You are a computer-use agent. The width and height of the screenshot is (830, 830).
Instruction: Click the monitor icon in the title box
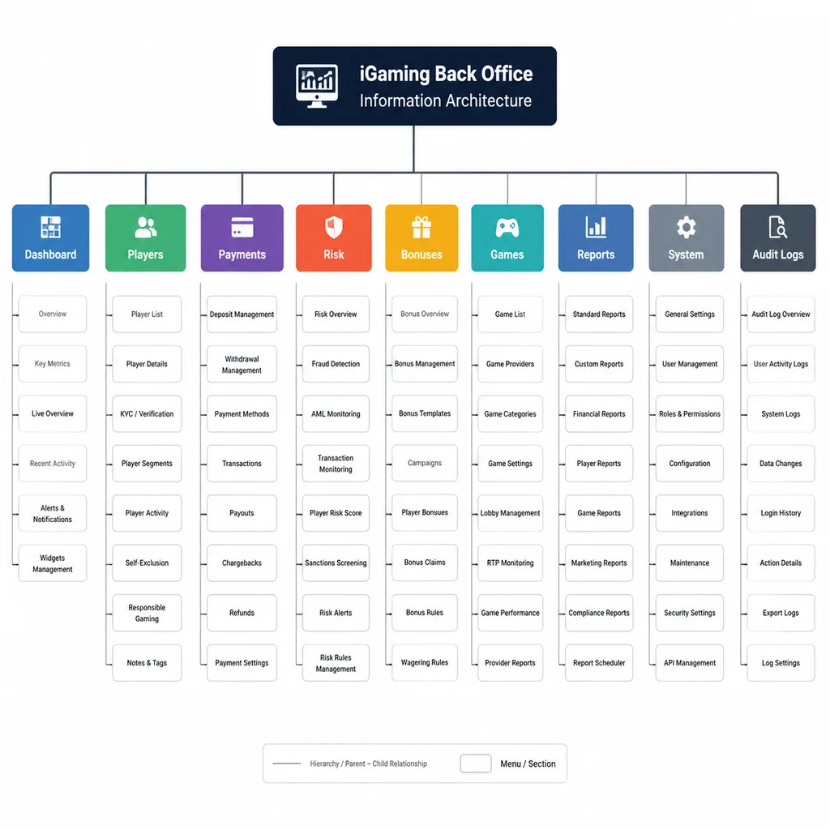tap(317, 86)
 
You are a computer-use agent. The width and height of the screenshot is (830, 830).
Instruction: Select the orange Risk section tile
tap(333, 238)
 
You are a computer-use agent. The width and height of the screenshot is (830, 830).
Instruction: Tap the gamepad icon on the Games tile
tap(507, 228)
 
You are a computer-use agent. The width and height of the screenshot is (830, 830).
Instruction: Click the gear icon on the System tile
tap(686, 227)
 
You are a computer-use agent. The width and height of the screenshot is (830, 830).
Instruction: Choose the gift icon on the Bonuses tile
tap(421, 228)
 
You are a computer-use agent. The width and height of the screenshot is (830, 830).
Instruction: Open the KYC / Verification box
tap(147, 414)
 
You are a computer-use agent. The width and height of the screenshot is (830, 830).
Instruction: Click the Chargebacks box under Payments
tap(242, 563)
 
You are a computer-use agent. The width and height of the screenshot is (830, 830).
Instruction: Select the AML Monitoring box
tap(336, 414)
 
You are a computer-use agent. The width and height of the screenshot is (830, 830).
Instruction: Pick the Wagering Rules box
tap(425, 663)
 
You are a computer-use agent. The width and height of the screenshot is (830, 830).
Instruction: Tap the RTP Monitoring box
tap(511, 563)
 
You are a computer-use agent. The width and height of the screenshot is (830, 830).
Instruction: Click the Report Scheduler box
tap(599, 663)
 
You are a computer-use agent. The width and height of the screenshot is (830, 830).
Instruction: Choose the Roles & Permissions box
tap(690, 414)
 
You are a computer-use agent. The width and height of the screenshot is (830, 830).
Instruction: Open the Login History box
tap(781, 513)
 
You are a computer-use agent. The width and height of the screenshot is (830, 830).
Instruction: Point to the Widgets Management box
tap(53, 563)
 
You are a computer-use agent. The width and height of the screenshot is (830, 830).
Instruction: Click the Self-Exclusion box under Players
tap(147, 563)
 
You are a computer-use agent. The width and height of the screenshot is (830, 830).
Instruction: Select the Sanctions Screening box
tap(336, 563)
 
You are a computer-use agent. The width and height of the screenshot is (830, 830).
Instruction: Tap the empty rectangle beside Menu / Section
tap(475, 764)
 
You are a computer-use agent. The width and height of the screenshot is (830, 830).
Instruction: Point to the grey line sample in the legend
tap(287, 764)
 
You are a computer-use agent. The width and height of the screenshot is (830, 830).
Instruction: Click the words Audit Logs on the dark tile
tap(778, 255)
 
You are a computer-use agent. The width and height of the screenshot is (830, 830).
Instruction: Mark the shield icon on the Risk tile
tap(333, 227)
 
